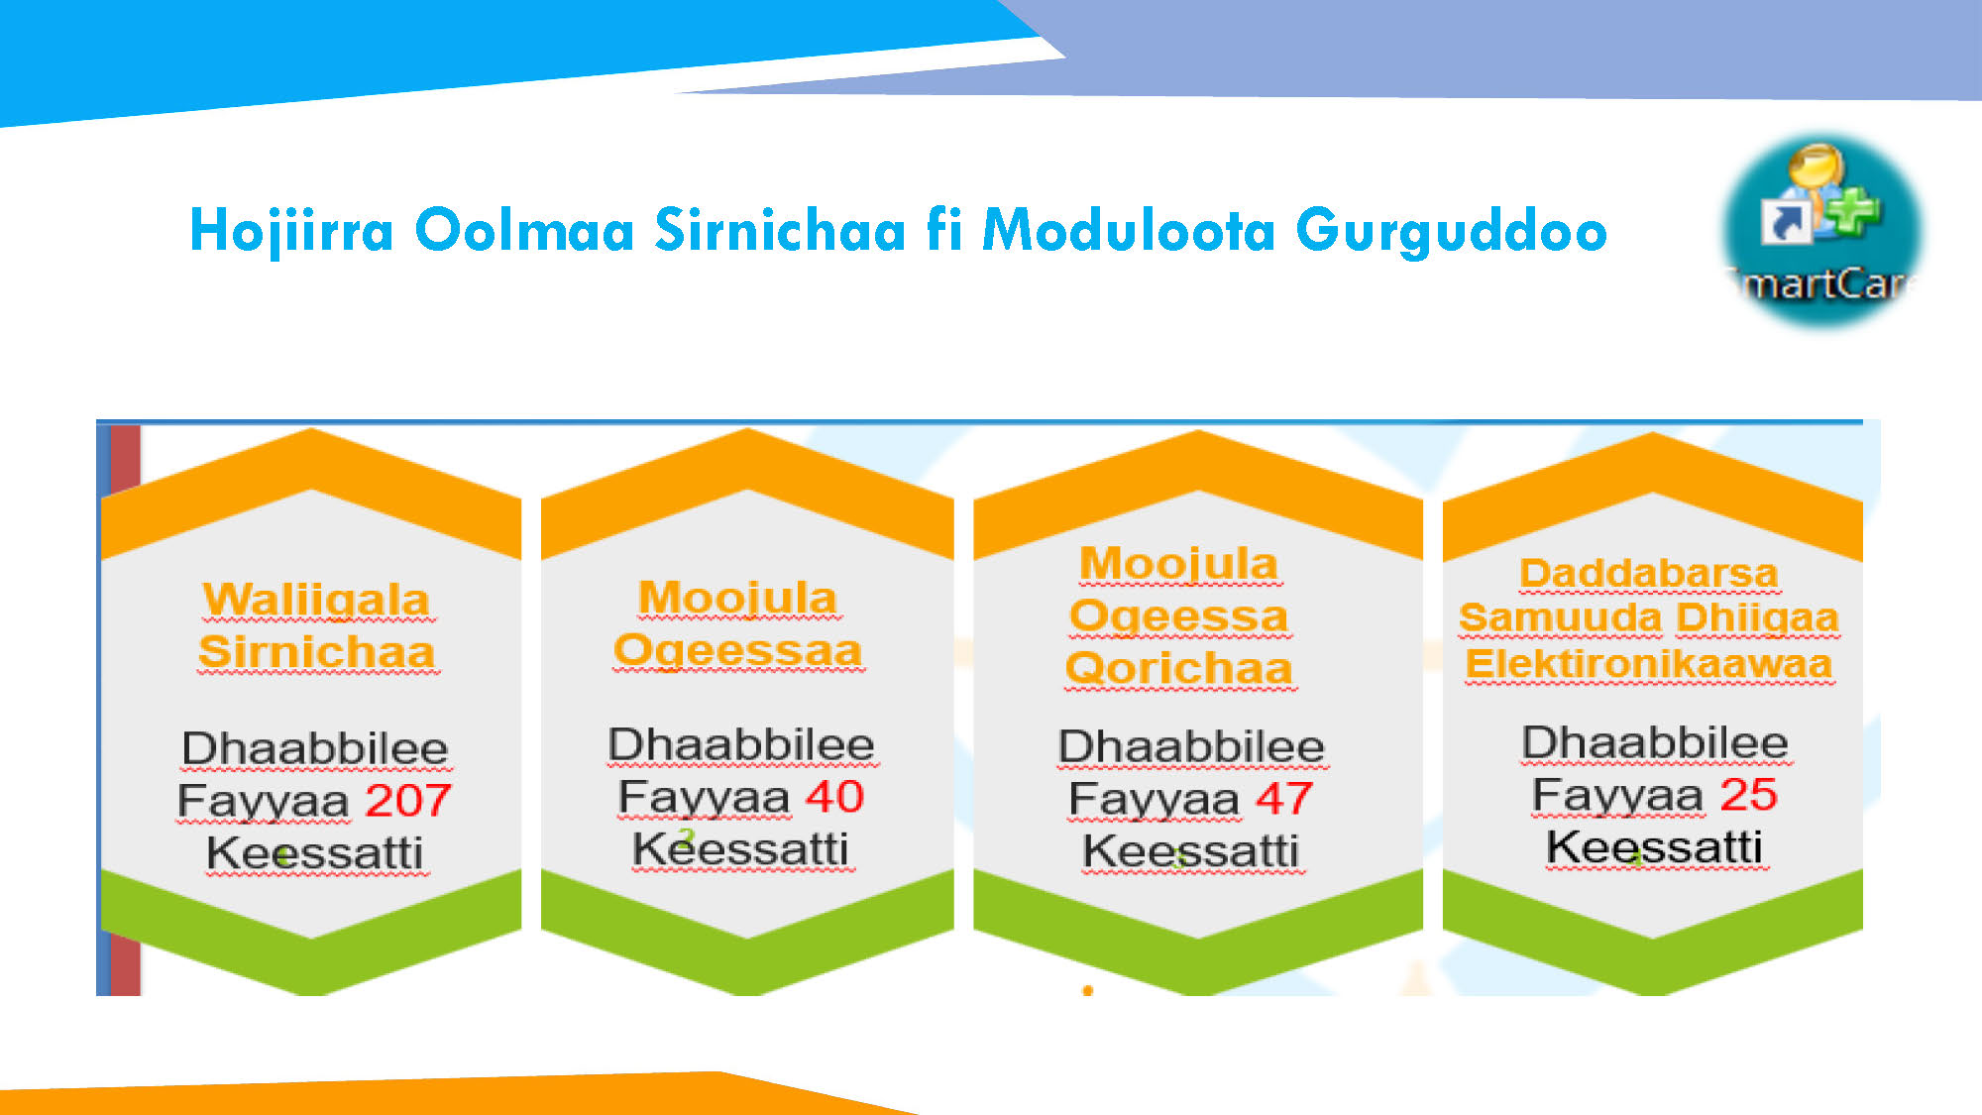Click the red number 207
(x=408, y=800)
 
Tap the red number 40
(x=834, y=796)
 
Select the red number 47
(x=1284, y=798)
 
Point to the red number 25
(x=1748, y=794)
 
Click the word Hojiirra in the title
(x=291, y=232)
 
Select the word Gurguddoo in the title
(x=1452, y=232)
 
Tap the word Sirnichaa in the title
(x=780, y=230)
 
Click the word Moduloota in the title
(x=1129, y=230)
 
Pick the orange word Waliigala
(x=316, y=601)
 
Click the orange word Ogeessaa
(x=738, y=651)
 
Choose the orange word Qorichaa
(x=1179, y=668)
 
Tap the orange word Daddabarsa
(x=1649, y=573)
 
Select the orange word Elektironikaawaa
(x=1649, y=664)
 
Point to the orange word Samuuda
(x=1560, y=617)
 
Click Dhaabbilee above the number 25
(x=1655, y=743)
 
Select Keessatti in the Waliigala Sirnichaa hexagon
(x=315, y=853)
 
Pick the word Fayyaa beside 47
(x=1155, y=800)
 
